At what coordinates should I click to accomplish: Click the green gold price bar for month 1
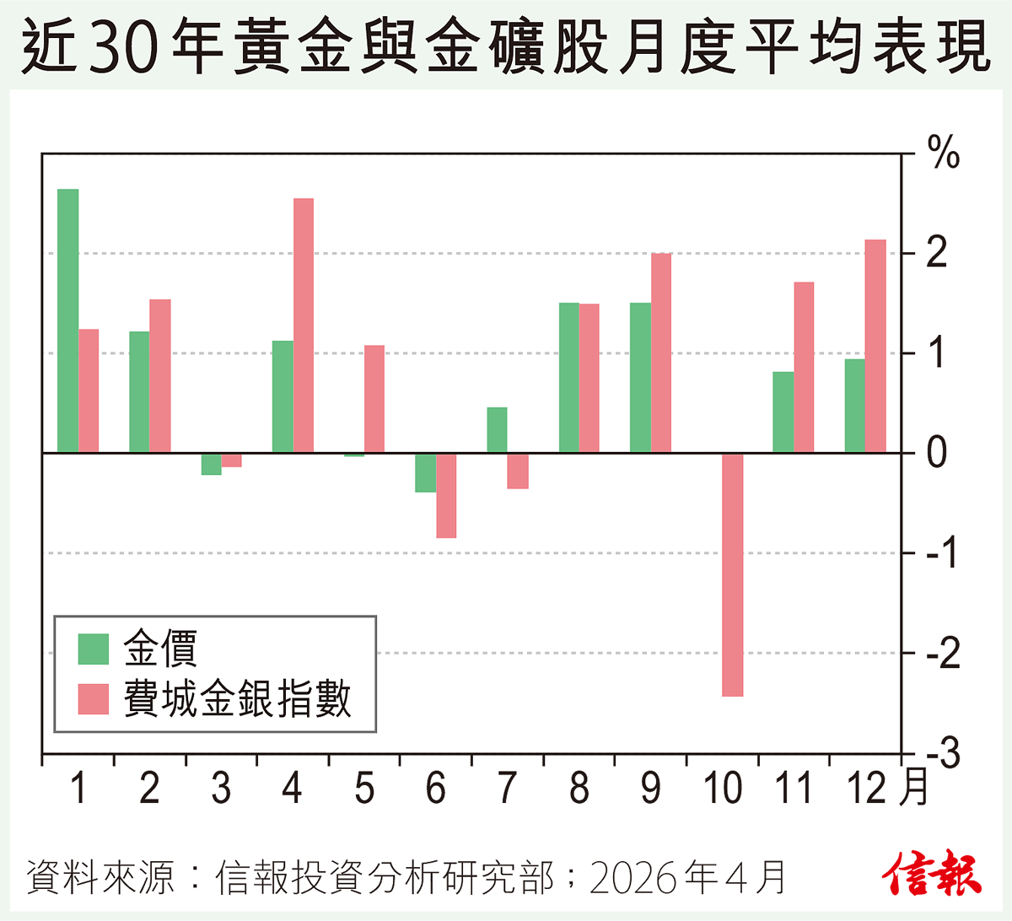67,320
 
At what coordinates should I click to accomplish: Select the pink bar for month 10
733,574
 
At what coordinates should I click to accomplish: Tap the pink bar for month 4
304,326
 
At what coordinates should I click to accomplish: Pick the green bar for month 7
497,430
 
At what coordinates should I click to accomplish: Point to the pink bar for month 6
446,496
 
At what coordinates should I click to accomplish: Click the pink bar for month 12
875,346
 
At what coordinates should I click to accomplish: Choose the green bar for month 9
640,378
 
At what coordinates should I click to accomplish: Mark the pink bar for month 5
374,399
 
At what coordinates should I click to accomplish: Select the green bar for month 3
211,464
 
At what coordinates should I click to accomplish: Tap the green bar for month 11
783,412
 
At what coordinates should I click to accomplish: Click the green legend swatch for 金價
94,649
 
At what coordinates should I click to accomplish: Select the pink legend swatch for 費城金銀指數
94,698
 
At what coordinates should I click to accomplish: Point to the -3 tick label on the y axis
943,754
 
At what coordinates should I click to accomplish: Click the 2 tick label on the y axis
936,253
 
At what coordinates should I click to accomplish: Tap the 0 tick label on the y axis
936,453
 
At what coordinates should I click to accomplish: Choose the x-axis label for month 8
579,789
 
